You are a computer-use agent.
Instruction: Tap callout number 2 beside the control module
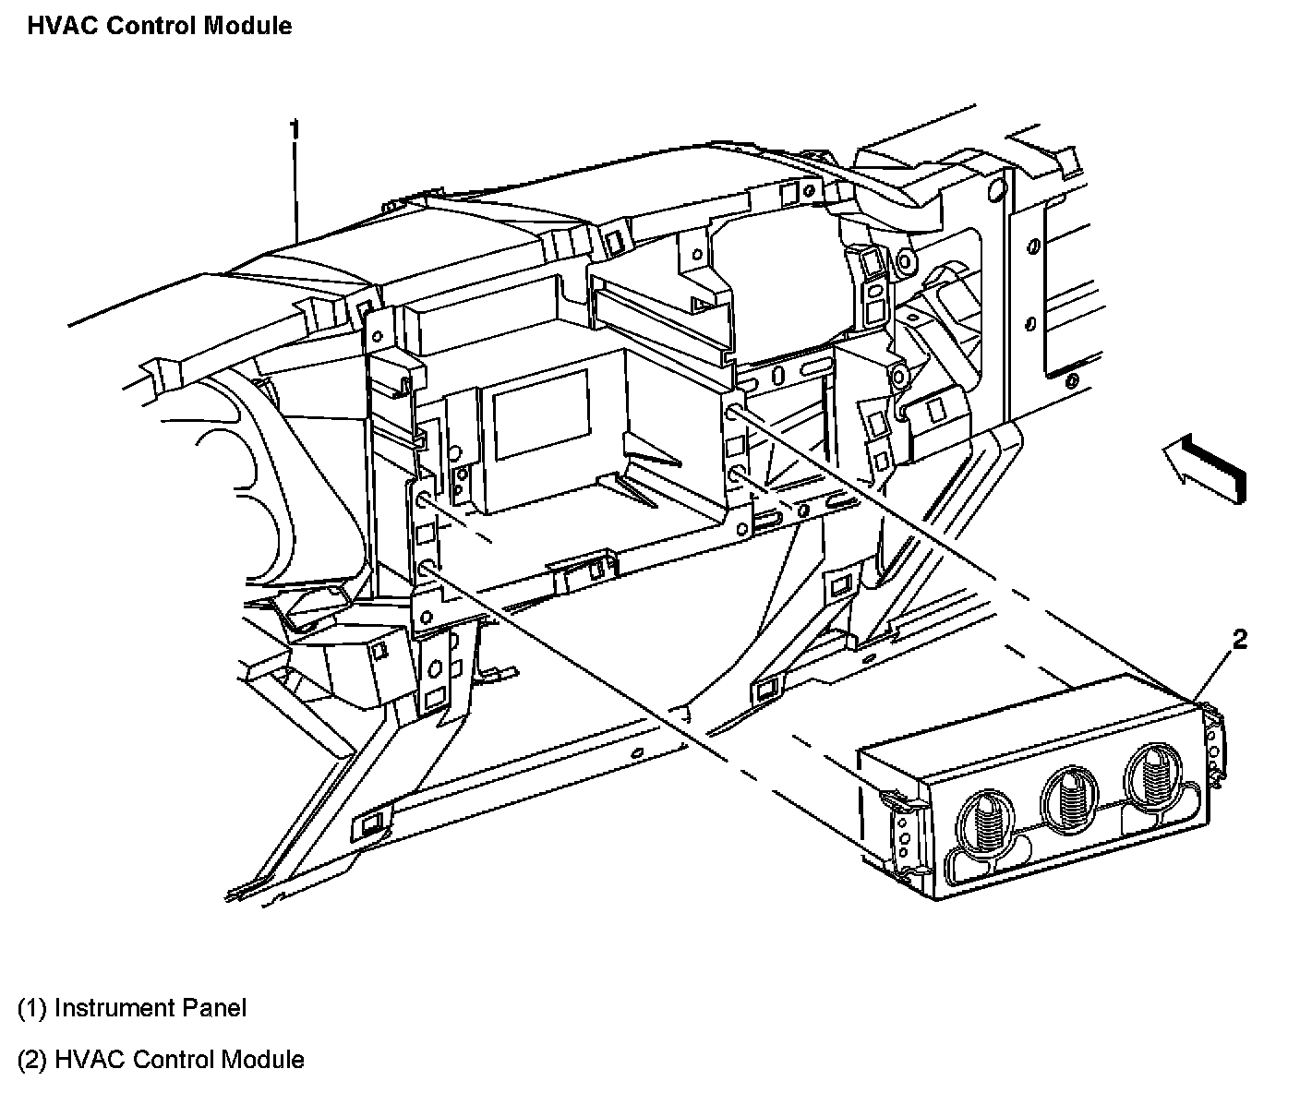(1239, 639)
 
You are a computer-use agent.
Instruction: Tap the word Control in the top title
(150, 25)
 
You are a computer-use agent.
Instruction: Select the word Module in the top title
(247, 25)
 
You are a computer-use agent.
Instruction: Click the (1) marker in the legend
(32, 1007)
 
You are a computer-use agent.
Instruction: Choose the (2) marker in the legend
(32, 1059)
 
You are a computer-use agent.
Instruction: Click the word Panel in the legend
(216, 1007)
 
